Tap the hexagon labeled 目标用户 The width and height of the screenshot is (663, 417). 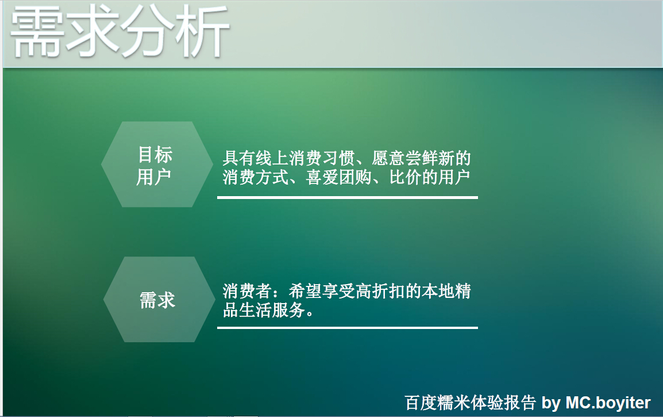point(154,165)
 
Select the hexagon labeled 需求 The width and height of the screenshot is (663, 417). point(157,300)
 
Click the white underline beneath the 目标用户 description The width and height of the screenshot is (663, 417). point(347,197)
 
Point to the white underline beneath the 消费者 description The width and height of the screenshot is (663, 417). point(347,328)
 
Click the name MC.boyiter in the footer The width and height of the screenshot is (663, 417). point(608,403)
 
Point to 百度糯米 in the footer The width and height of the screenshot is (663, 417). point(438,403)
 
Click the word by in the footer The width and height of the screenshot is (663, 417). point(550,403)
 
